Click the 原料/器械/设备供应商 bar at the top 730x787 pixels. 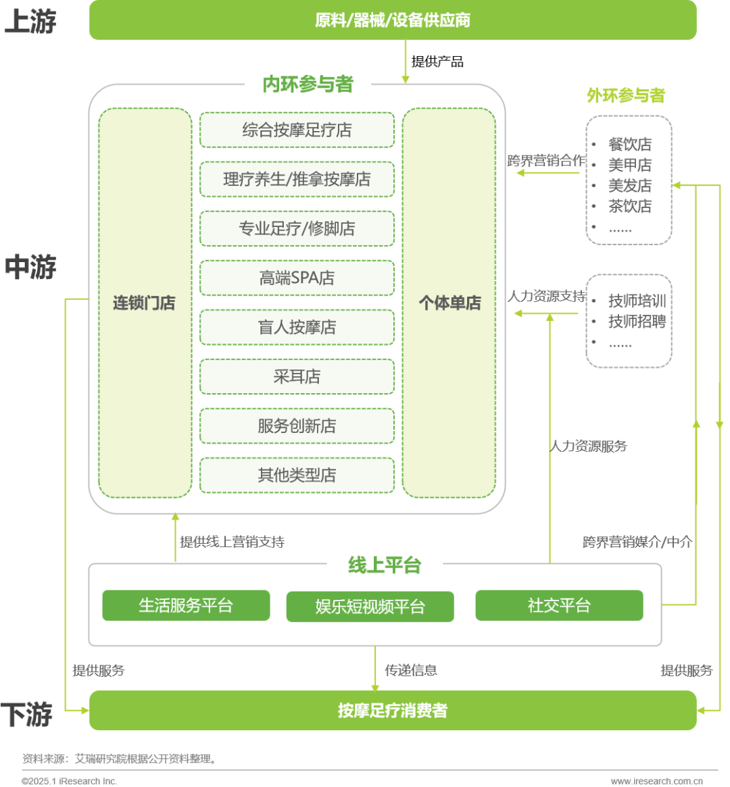tap(393, 20)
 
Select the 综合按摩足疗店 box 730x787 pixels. tap(297, 130)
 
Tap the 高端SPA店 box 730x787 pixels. tap(297, 278)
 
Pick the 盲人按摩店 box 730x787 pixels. tap(297, 328)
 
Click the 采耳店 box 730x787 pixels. tap(297, 377)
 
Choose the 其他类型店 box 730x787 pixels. tap(297, 476)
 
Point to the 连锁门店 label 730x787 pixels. tap(144, 303)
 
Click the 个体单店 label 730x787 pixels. tap(449, 303)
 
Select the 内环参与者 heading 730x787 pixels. tap(308, 84)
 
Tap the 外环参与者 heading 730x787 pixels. tap(626, 96)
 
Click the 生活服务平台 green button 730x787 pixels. tap(186, 605)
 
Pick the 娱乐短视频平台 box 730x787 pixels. tap(370, 607)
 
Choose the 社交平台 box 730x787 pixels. tap(559, 605)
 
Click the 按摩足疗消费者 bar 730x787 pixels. tap(393, 711)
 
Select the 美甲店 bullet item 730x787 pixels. tap(630, 165)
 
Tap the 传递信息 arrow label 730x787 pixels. tap(411, 670)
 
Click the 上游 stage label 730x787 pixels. tap(30, 22)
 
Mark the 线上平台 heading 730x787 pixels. tap(385, 565)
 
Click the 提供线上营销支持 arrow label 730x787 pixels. tap(232, 542)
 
